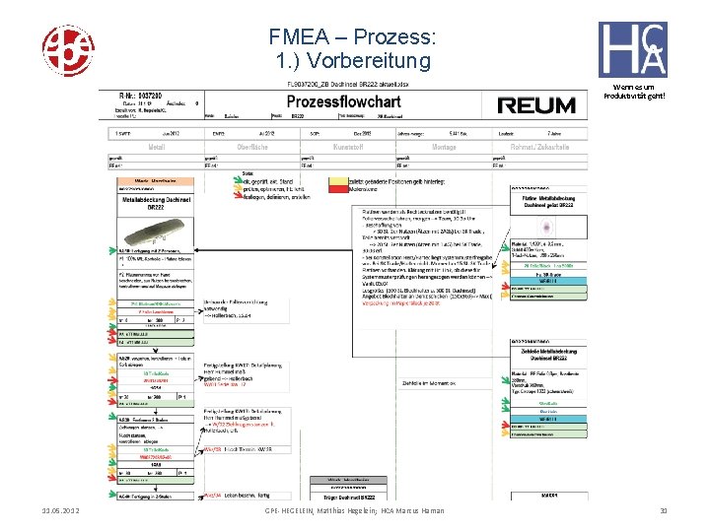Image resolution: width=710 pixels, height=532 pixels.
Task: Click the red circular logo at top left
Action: [x=67, y=46]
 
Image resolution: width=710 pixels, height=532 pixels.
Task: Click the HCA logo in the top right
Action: [x=632, y=49]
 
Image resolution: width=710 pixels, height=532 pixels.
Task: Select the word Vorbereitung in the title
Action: [x=382, y=61]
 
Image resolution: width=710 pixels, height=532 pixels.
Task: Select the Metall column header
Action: [x=157, y=147]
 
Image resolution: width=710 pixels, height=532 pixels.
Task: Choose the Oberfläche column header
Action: [x=252, y=147]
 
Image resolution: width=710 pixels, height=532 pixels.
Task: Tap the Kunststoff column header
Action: [x=348, y=147]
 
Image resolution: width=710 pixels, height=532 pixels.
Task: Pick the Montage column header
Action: [x=444, y=147]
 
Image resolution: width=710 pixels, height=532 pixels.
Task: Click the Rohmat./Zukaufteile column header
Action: [x=539, y=147]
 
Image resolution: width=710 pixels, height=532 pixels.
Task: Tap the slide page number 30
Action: [x=665, y=510]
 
